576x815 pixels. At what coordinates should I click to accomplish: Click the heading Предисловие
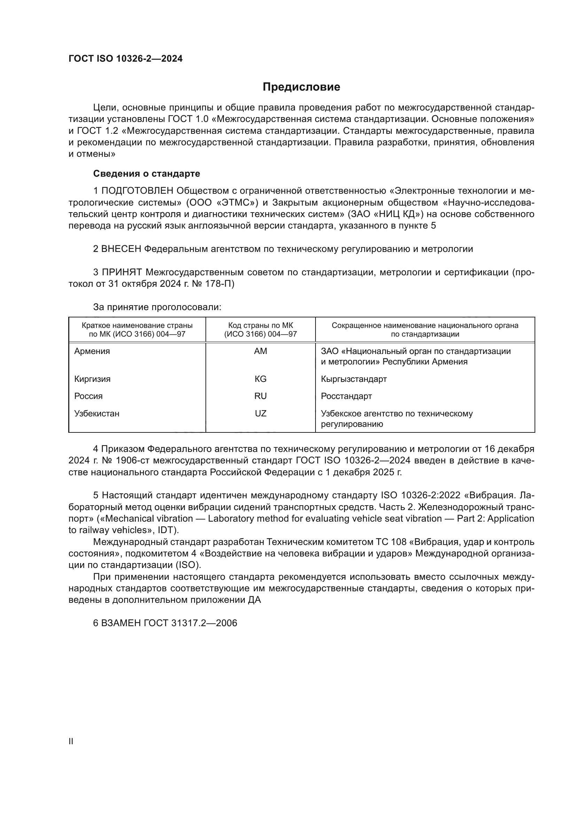point(301,87)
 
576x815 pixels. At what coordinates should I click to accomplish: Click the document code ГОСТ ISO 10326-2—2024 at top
point(126,59)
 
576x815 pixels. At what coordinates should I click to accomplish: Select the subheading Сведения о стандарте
point(147,174)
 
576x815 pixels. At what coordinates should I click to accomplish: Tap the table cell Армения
point(92,351)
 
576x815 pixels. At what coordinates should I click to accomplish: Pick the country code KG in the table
point(260,379)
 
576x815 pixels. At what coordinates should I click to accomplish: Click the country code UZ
point(260,413)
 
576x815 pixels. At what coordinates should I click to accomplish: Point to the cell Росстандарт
point(346,396)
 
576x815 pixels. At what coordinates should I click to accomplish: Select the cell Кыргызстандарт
point(353,379)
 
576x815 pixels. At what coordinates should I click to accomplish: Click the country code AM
point(260,351)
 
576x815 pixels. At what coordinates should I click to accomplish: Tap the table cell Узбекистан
point(96,413)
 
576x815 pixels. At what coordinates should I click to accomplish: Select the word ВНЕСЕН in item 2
point(121,249)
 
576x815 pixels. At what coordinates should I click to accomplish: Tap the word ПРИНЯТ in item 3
point(122,272)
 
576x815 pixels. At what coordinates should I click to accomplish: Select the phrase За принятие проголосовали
point(157,307)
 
